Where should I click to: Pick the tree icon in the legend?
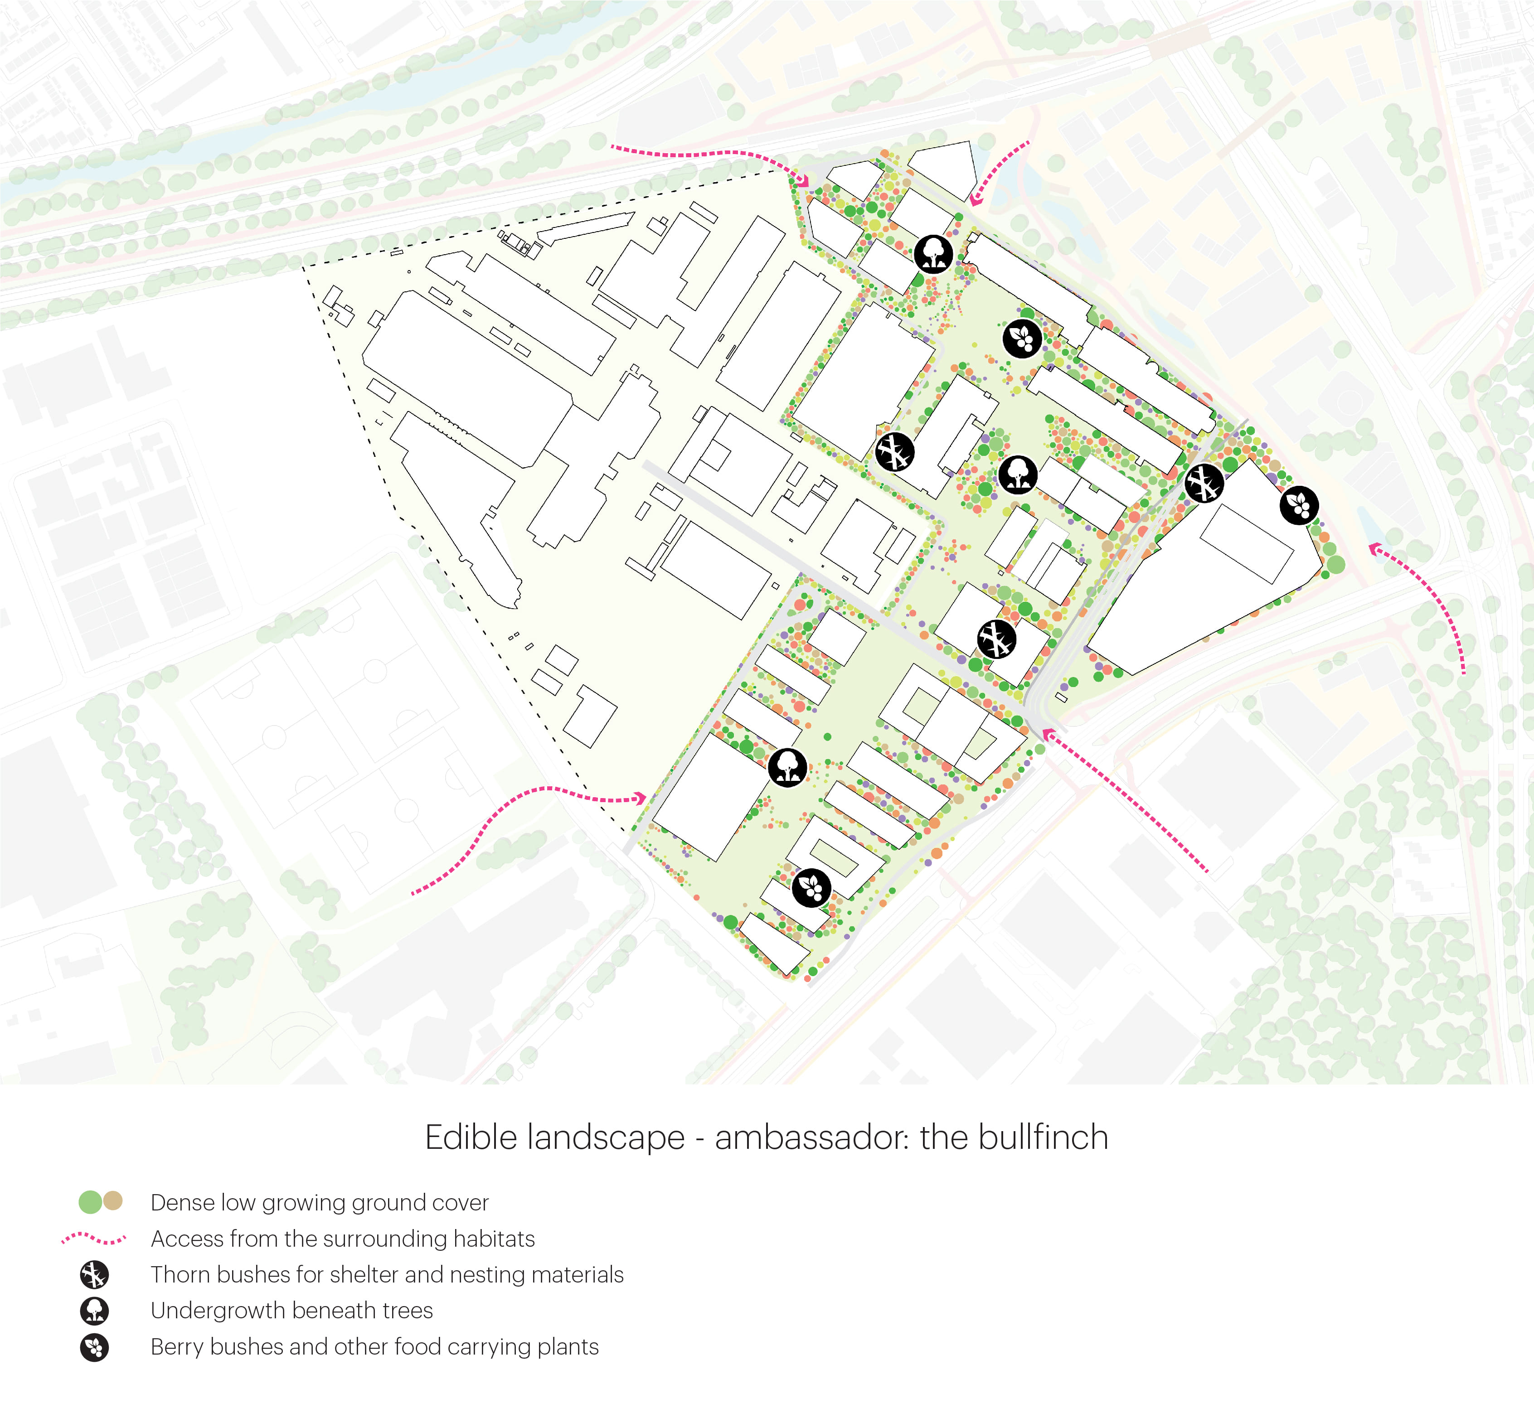tap(94, 1311)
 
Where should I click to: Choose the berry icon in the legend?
tap(94, 1347)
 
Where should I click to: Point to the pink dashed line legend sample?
tap(94, 1239)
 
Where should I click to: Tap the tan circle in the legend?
tap(113, 1201)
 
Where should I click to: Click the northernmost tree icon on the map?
tap(933, 253)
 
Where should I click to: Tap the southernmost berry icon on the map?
tap(812, 888)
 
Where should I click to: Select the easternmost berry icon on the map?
tap(1299, 505)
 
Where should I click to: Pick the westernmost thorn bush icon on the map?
tap(895, 452)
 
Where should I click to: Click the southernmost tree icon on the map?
tap(787, 767)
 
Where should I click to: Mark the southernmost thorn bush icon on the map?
tap(996, 639)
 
